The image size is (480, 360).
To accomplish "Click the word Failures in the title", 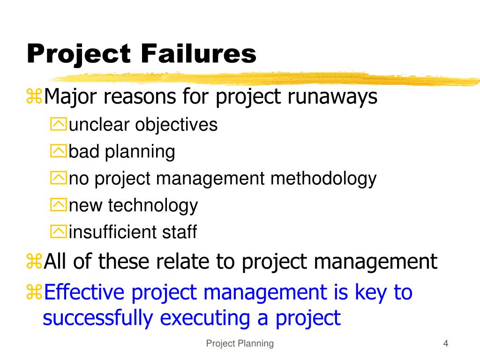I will (199, 54).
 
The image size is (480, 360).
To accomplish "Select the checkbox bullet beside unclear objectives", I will (59, 125).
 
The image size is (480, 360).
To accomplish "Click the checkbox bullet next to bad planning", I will (59, 152).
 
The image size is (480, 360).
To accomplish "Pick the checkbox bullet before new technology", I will (59, 205).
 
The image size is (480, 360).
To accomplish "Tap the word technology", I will (153, 205).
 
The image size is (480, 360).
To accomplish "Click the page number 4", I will (446, 344).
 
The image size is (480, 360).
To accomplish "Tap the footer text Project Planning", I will (240, 344).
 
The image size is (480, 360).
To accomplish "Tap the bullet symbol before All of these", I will (34, 262).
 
